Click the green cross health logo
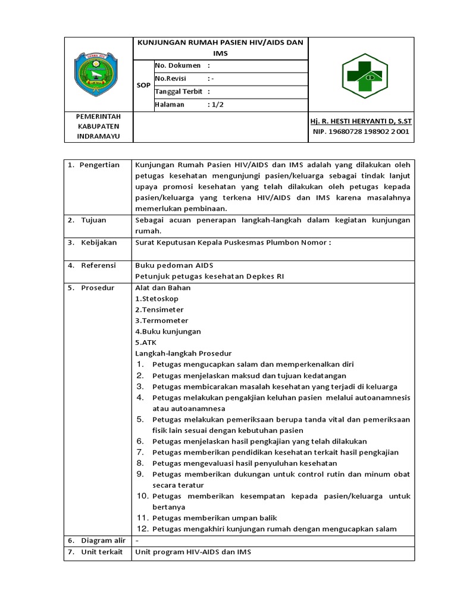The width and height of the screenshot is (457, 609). (363, 74)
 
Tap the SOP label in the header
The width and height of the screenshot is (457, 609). (143, 85)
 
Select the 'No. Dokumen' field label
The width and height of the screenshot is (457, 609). (178, 65)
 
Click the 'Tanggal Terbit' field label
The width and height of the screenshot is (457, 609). (179, 92)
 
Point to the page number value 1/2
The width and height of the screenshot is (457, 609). (216, 105)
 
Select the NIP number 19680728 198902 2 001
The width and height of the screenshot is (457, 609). (361, 132)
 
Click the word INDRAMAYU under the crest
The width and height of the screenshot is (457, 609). (98, 137)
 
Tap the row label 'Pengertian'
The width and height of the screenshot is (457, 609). (100, 165)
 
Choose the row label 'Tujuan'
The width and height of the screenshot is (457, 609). (93, 220)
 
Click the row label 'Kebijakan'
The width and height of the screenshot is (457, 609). (98, 243)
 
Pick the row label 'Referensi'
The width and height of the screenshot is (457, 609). (98, 265)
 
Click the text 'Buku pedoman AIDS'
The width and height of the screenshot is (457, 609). (174, 265)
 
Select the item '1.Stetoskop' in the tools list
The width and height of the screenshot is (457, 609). (156, 299)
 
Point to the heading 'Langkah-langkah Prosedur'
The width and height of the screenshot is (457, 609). (183, 353)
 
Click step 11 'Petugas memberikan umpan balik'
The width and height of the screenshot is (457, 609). (214, 518)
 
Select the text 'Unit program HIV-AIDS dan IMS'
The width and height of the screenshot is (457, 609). (193, 551)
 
